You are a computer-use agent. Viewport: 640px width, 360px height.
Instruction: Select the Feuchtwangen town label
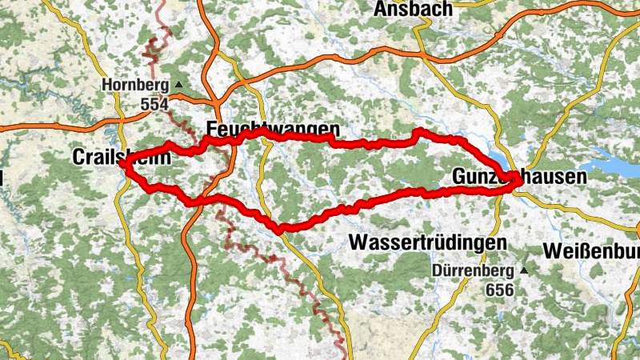pyautogui.click(x=273, y=129)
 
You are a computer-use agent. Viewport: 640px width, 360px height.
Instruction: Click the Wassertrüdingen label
pyautogui.click(x=429, y=242)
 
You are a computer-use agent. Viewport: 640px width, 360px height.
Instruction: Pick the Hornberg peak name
pyautogui.click(x=137, y=84)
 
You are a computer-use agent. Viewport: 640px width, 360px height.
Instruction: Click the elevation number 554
pyautogui.click(x=154, y=104)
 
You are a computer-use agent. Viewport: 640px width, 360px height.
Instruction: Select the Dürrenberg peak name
pyautogui.click(x=474, y=270)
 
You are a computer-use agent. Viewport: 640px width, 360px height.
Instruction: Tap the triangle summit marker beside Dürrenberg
pyautogui.click(x=524, y=270)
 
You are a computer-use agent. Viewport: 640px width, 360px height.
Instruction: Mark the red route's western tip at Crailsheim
pyautogui.click(x=122, y=164)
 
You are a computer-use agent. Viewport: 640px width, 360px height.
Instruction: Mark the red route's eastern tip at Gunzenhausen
pyautogui.click(x=520, y=182)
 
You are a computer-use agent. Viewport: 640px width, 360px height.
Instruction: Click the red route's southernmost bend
pyautogui.click(x=279, y=230)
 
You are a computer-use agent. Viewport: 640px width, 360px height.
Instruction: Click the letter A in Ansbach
pyautogui.click(x=380, y=10)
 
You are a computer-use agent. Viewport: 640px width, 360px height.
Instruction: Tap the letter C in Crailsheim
pyautogui.click(x=78, y=157)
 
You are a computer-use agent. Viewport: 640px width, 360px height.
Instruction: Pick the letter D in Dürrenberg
pyautogui.click(x=438, y=270)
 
